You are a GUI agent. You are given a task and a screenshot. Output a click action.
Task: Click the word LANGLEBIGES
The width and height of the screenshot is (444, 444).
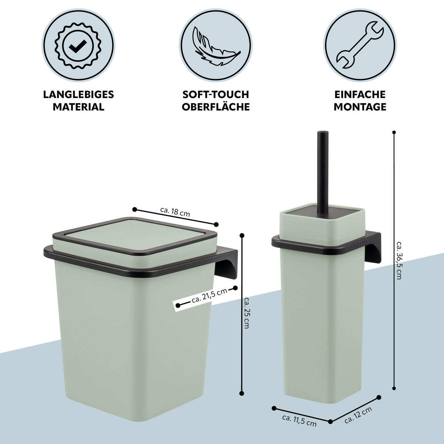(78, 94)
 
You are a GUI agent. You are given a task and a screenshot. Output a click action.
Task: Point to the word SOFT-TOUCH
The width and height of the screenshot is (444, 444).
(216, 94)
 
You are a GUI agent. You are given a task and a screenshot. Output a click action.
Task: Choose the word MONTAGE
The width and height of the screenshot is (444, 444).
(360, 107)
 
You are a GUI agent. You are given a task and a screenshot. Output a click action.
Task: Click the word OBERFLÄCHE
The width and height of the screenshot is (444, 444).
(216, 107)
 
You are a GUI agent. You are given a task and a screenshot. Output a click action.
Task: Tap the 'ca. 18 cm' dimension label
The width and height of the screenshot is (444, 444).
(175, 212)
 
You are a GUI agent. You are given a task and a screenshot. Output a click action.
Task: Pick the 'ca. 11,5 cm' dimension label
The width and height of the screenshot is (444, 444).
(299, 420)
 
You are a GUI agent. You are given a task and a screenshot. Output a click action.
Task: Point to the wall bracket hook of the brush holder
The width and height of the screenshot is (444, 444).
(373, 249)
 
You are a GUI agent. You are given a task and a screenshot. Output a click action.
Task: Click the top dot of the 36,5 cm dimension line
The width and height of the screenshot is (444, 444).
(394, 132)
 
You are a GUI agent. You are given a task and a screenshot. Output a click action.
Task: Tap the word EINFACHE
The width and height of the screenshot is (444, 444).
(360, 94)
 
